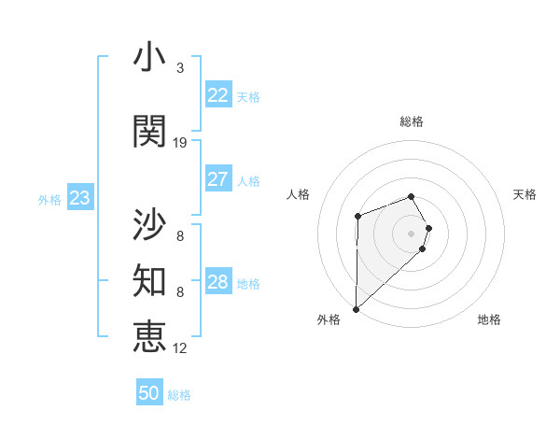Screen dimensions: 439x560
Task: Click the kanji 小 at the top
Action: pos(149,58)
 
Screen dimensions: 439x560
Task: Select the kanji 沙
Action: pos(149,224)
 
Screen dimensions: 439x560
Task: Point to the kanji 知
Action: pos(149,280)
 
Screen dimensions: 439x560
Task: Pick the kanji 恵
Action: pos(149,336)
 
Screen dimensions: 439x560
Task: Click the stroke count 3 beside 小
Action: pos(180,68)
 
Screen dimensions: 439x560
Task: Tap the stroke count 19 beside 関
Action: pos(180,143)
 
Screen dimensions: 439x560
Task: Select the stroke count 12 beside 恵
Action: pos(180,348)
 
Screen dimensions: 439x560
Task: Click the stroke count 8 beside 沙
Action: pos(180,236)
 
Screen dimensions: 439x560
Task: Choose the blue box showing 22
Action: pos(217,95)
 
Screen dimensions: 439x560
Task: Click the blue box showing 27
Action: pos(217,179)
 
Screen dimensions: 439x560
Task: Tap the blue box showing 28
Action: pos(217,282)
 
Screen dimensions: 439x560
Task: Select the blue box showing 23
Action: pos(79,198)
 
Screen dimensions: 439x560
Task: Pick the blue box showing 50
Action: pos(149,393)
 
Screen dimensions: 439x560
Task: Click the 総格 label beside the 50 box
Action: pos(179,395)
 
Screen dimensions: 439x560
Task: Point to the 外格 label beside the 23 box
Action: pos(49,199)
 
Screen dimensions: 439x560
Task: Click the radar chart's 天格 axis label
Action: pos(525,194)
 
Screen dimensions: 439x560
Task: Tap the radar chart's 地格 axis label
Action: pos(489,320)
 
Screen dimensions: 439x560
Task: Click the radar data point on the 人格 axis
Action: pos(357,217)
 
